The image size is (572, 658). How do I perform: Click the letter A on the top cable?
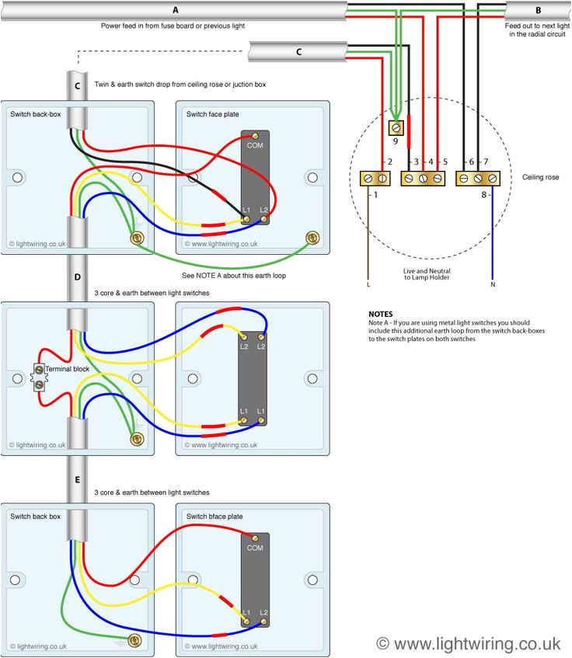click(175, 10)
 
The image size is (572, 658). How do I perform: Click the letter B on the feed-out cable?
click(538, 10)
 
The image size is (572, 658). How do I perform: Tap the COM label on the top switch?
click(254, 144)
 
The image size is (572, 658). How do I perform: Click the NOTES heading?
click(381, 314)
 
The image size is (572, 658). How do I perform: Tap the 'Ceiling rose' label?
click(540, 178)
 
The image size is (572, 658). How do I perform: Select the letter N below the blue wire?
click(492, 285)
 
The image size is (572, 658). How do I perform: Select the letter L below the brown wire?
click(368, 285)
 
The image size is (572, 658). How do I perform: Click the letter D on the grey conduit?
click(76, 277)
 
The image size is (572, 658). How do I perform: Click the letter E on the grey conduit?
click(76, 479)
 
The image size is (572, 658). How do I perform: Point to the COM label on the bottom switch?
click(254, 548)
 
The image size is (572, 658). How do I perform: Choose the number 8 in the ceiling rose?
click(483, 195)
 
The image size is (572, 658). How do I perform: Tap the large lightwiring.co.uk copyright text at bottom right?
click(468, 642)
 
